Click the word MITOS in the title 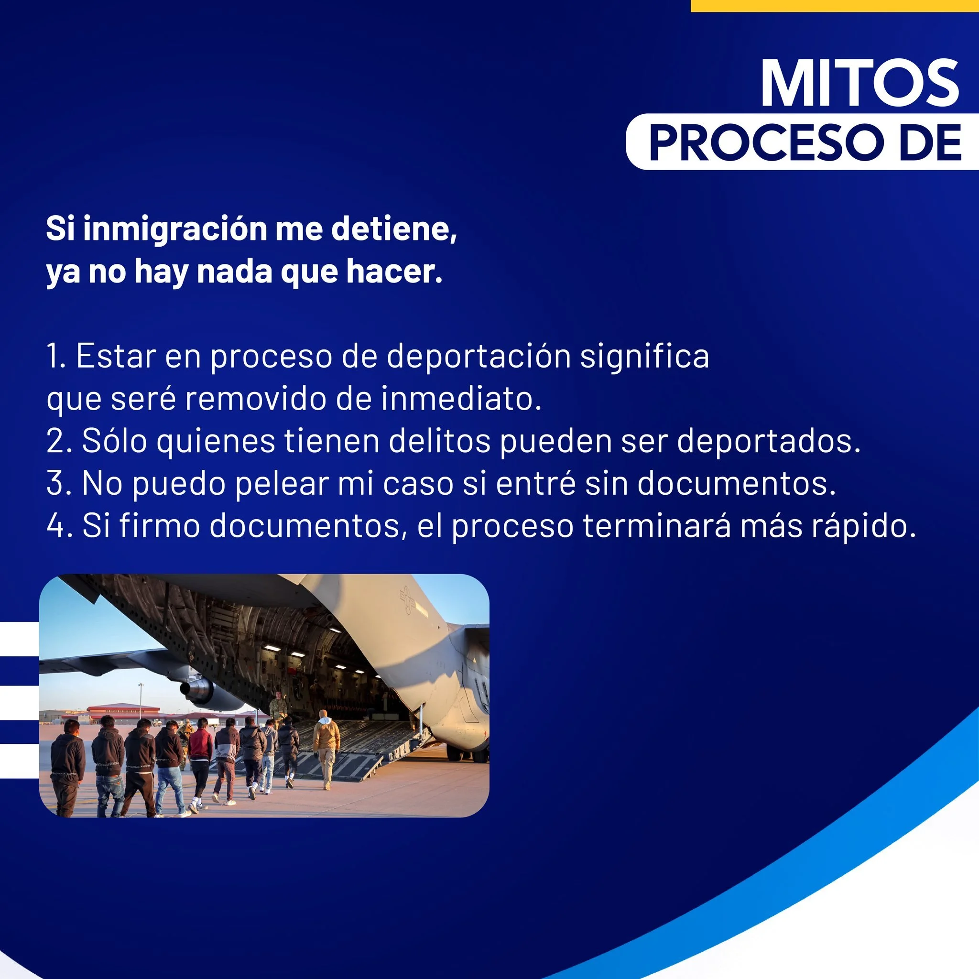coord(859,83)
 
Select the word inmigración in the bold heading coord(175,229)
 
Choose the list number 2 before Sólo coord(56,441)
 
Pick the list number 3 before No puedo coord(56,483)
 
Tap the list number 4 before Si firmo coord(56,525)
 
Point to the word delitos coord(439,441)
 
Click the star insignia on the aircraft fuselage coord(406,600)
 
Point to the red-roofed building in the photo coord(124,710)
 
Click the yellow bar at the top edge coord(834,6)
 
